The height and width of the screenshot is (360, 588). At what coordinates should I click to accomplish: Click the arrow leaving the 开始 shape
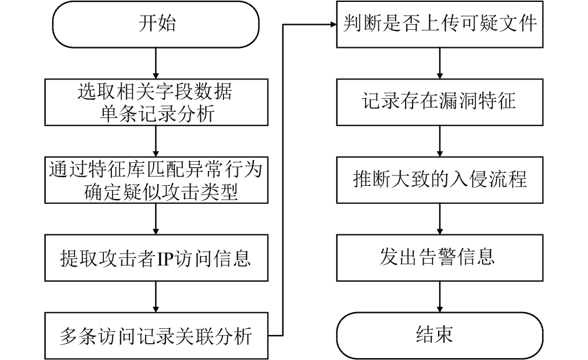point(156,63)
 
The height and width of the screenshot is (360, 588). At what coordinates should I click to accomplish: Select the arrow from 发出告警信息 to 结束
point(439,297)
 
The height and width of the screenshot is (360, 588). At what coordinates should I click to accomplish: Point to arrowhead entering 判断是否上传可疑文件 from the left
point(334,24)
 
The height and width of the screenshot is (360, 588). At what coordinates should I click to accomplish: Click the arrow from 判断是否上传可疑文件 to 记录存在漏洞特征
point(439,63)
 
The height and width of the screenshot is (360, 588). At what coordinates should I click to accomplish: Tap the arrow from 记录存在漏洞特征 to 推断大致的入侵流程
point(439,141)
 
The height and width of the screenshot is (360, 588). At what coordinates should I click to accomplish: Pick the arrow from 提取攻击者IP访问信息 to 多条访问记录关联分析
point(156,297)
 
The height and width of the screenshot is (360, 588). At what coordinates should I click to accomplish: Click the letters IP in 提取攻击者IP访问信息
point(164,259)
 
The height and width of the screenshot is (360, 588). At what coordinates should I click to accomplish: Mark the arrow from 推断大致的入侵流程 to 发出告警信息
point(439,219)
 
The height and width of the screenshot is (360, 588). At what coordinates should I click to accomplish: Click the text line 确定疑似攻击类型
point(161,192)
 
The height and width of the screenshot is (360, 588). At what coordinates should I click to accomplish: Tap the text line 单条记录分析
point(157,114)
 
